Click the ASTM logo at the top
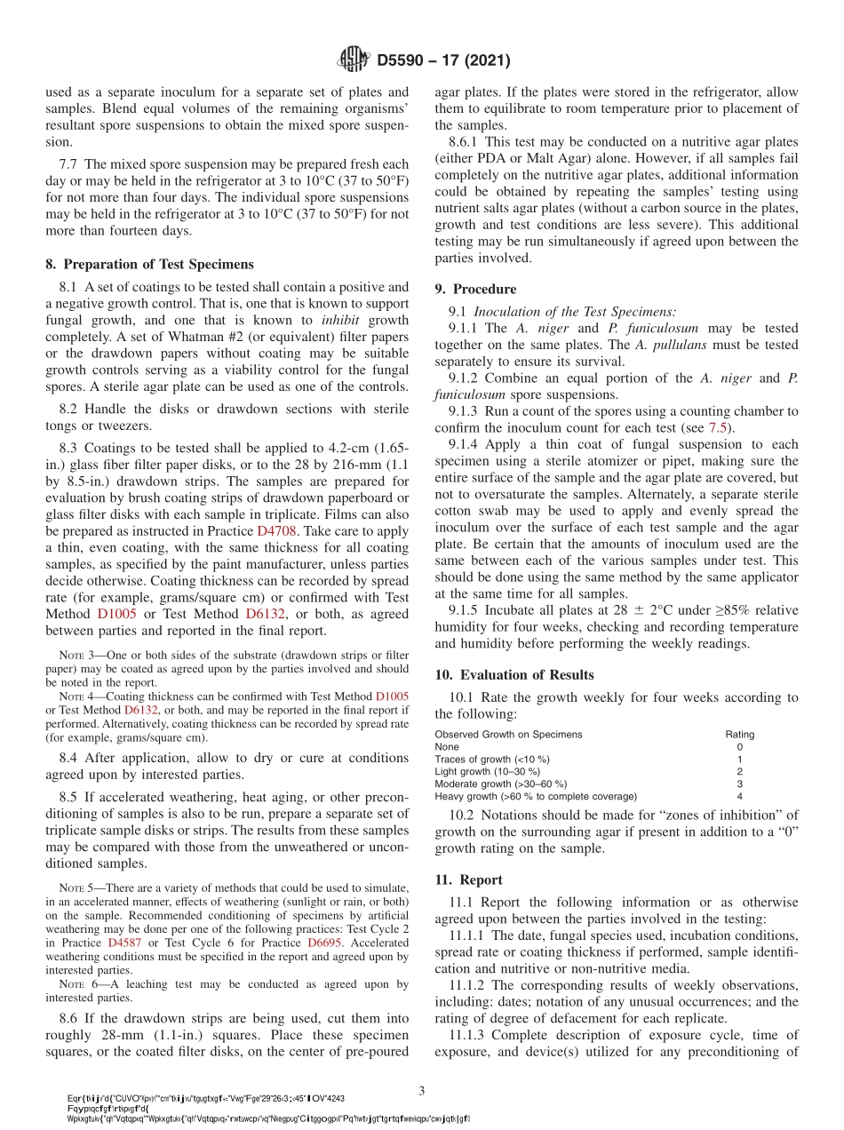(353, 60)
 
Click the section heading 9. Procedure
(475, 289)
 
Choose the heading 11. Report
(468, 879)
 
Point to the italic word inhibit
(342, 320)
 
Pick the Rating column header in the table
(739, 735)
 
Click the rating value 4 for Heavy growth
(739, 796)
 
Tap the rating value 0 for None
(739, 747)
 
